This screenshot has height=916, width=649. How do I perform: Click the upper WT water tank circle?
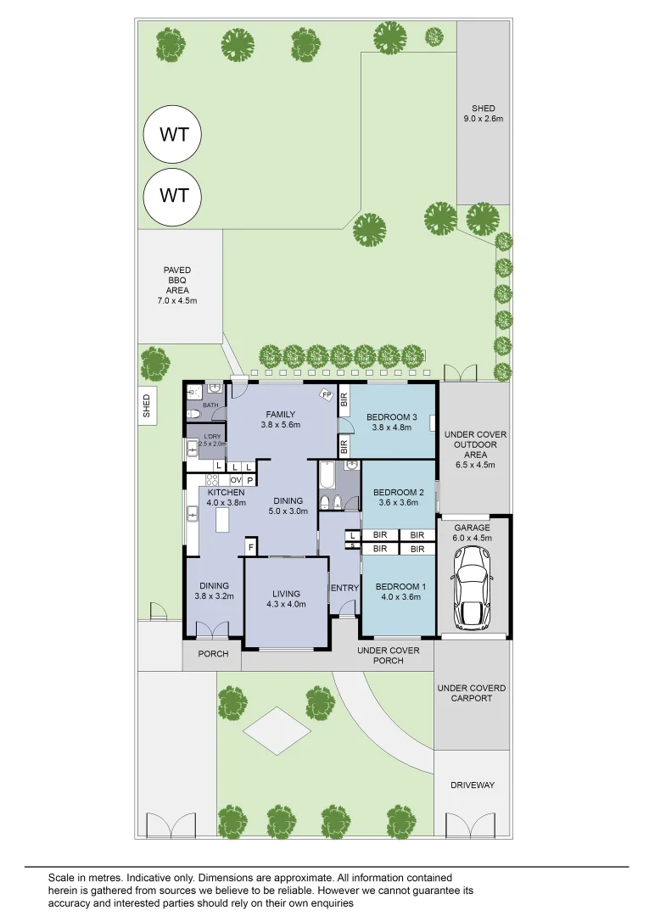pyautogui.click(x=174, y=134)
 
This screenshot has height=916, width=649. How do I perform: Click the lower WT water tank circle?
pyautogui.click(x=174, y=196)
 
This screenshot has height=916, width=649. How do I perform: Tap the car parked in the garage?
pyautogui.click(x=473, y=587)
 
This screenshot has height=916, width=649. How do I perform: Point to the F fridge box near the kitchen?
pyautogui.click(x=250, y=549)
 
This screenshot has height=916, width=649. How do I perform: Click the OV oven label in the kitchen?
pyautogui.click(x=235, y=480)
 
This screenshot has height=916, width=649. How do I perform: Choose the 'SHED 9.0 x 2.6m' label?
pyautogui.click(x=484, y=114)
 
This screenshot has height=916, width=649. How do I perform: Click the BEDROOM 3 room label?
pyautogui.click(x=391, y=422)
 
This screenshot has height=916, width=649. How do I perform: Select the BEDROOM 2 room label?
pyautogui.click(x=398, y=497)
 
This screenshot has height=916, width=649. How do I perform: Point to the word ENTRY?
pyautogui.click(x=344, y=588)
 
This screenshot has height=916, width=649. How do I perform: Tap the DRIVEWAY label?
pyautogui.click(x=472, y=785)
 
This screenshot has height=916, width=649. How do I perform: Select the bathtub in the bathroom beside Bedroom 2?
pyautogui.click(x=327, y=476)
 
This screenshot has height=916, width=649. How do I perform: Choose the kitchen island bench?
pyautogui.click(x=223, y=520)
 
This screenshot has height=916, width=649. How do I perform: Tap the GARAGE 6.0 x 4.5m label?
pyautogui.click(x=472, y=533)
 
